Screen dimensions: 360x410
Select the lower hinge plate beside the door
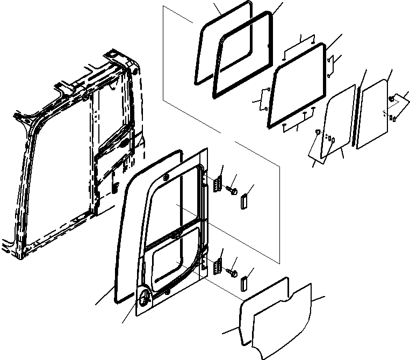click(218, 265)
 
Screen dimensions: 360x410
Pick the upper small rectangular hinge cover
click(244, 200)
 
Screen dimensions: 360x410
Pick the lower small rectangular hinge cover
click(244, 280)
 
